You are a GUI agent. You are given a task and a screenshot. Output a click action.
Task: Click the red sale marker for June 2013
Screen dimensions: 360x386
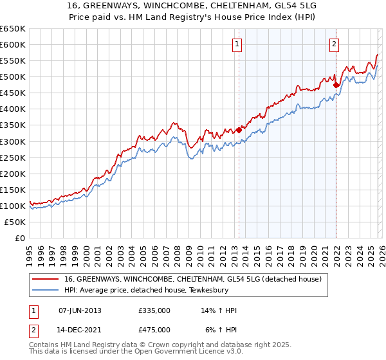[239, 129]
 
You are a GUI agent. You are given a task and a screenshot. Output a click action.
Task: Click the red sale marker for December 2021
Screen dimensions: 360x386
[336, 84]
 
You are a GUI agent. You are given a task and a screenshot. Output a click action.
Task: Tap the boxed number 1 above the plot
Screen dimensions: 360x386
[237, 44]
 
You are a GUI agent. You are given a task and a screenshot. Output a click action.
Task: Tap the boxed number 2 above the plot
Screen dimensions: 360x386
[335, 44]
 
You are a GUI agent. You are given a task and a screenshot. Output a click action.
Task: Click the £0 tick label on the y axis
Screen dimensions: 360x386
[20, 239]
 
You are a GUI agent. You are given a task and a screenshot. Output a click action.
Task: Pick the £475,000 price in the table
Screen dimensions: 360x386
[154, 329]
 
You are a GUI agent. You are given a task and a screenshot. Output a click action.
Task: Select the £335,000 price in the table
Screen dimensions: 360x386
[154, 310]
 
